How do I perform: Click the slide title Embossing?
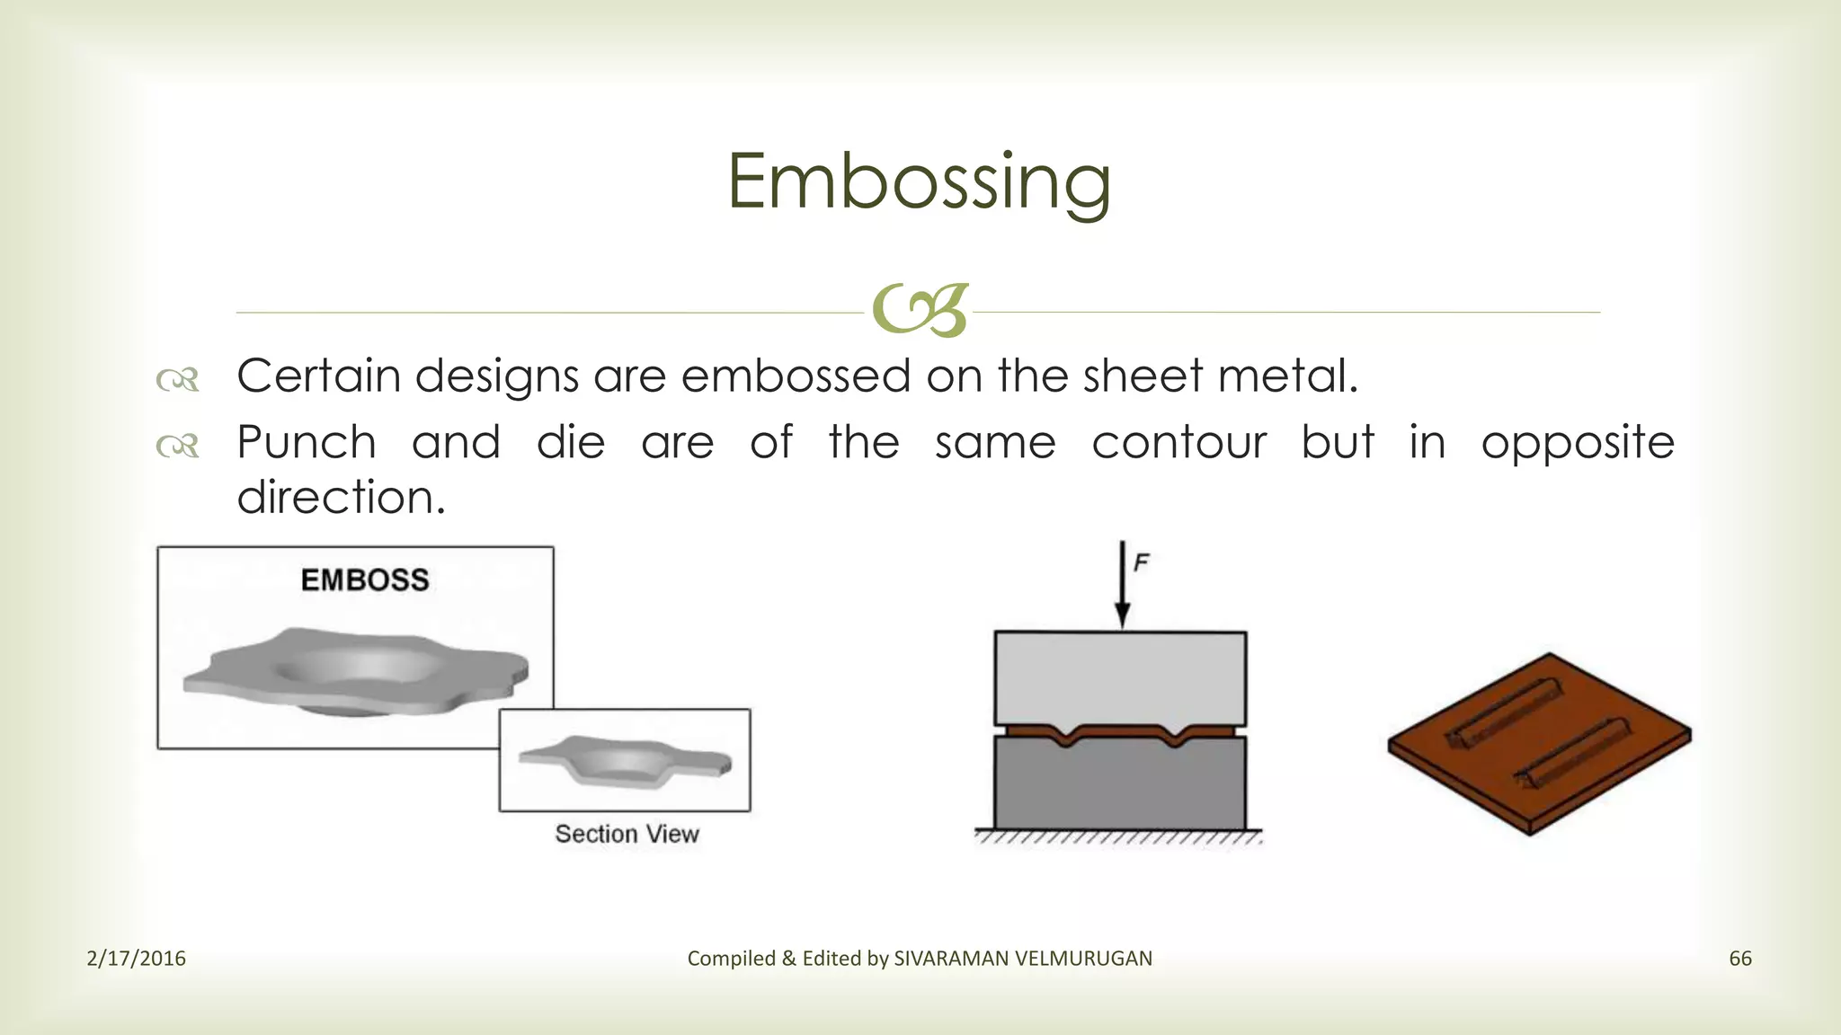(x=919, y=182)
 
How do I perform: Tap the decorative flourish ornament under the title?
(x=920, y=311)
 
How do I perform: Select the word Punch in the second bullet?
(x=307, y=443)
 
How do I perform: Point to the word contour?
(x=1179, y=443)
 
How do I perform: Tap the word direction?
(x=341, y=498)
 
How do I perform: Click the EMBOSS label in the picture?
(x=365, y=580)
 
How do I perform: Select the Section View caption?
(x=627, y=834)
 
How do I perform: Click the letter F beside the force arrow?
(x=1142, y=563)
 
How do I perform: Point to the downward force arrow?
(x=1122, y=584)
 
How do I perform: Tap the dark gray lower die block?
(x=1120, y=786)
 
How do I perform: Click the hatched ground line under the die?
(x=1118, y=837)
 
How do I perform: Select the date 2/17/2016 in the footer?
(x=136, y=959)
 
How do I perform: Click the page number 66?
(x=1740, y=959)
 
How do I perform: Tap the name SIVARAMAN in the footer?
(x=951, y=959)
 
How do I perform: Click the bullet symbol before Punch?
(x=177, y=446)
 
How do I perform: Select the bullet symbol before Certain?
(x=177, y=380)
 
